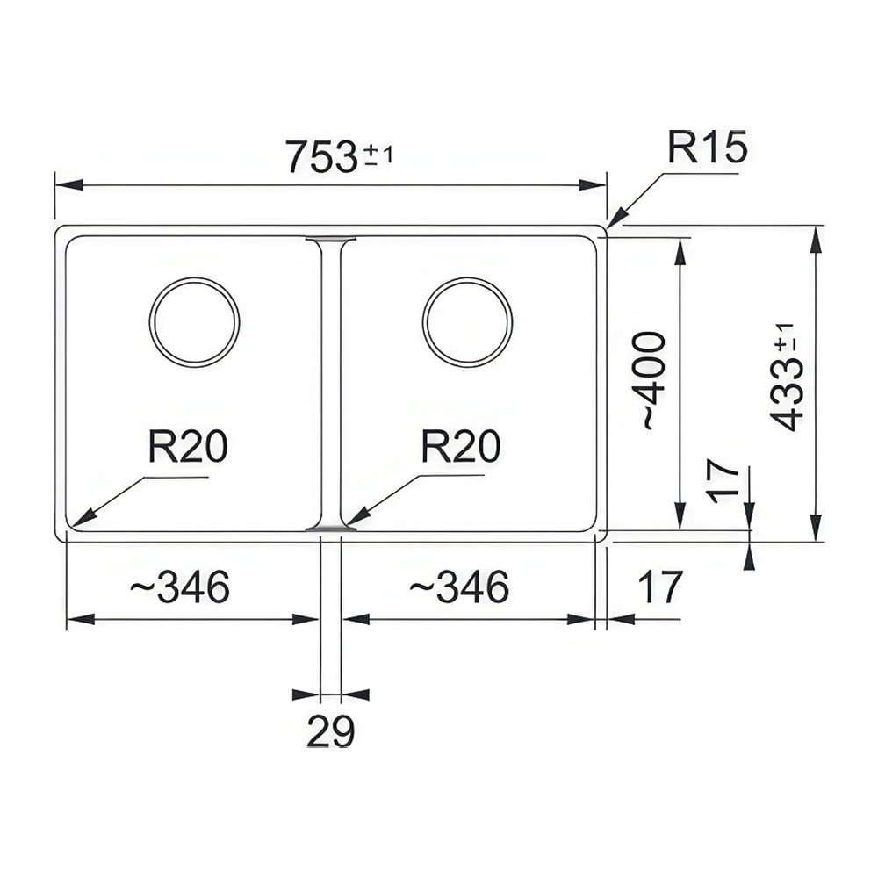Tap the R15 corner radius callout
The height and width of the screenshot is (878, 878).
[707, 148]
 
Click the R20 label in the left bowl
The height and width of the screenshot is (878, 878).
[188, 446]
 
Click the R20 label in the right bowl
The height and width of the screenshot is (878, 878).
[460, 446]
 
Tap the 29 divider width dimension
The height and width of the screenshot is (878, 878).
[330, 730]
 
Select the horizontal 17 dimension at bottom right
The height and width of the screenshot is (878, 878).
[661, 587]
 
